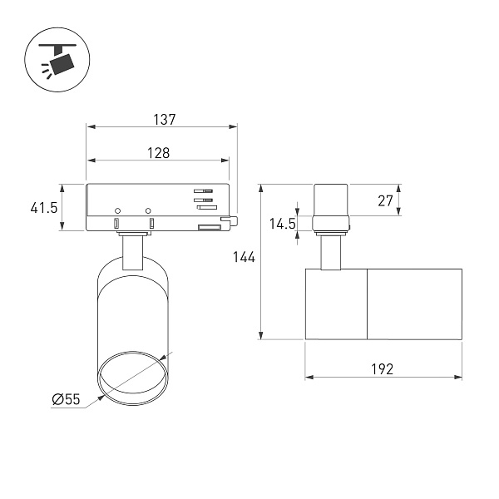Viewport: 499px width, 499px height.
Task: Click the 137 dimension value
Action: pos(164,120)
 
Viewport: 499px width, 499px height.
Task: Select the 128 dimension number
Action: pos(159,153)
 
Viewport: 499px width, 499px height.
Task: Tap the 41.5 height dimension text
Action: pos(44,208)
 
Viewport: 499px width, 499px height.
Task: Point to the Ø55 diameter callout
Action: pos(67,399)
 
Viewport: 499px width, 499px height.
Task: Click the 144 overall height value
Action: pos(244,257)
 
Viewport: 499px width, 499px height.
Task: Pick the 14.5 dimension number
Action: pos(283,224)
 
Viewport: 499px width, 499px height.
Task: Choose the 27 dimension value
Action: pos(385,200)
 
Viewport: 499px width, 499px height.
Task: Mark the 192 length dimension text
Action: pos(383,369)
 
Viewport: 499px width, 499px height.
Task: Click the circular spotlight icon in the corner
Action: pos(57,60)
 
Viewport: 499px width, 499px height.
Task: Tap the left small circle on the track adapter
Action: pos(117,210)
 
